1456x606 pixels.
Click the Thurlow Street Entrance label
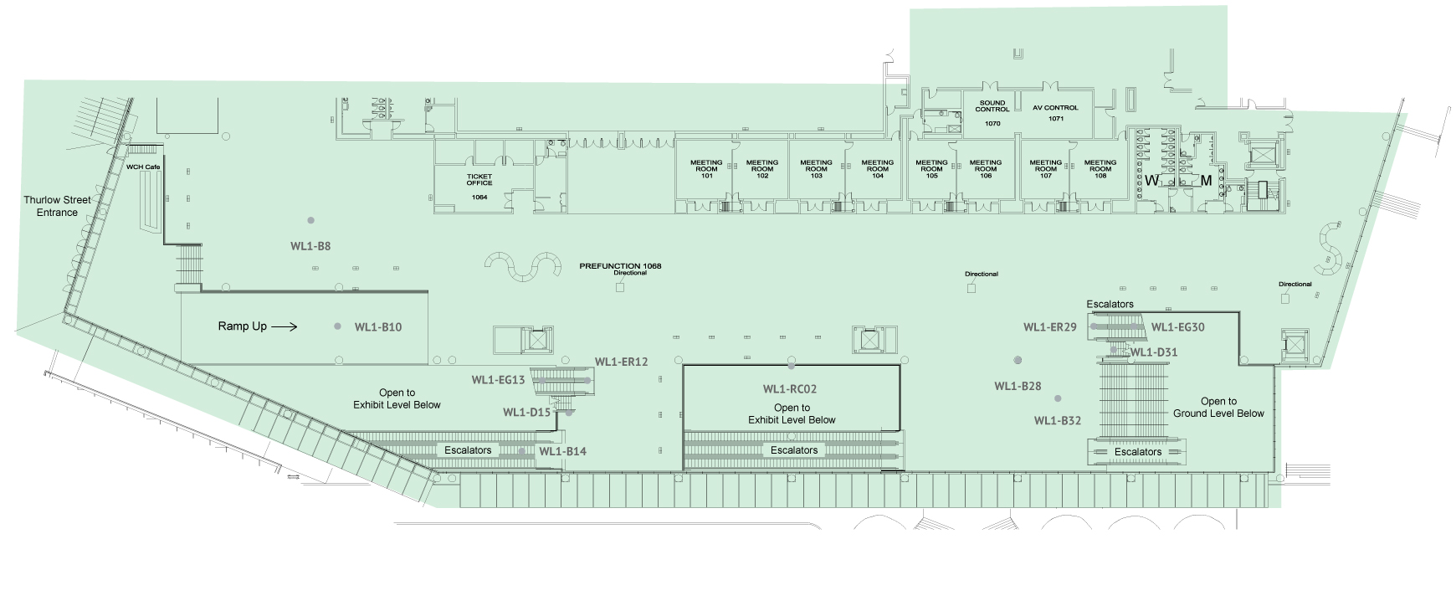tap(57, 206)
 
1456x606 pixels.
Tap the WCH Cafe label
tap(143, 167)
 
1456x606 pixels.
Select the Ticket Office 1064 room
tap(479, 186)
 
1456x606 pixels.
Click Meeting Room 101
tap(706, 169)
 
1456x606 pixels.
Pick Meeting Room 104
tap(877, 169)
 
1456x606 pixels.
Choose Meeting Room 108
tap(1100, 169)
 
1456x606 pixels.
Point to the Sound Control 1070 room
tap(992, 113)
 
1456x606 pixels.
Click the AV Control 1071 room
tap(1056, 113)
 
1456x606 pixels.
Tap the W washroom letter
tap(1152, 181)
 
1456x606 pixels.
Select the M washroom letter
tap(1206, 181)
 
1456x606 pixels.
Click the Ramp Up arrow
tap(285, 326)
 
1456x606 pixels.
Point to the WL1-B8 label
tap(310, 246)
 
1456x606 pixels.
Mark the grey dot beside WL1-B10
tap(338, 326)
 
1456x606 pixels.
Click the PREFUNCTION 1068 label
tap(620, 266)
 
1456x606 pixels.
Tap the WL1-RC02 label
tap(790, 389)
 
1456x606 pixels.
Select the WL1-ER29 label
tap(1050, 327)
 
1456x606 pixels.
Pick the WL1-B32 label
tap(1058, 421)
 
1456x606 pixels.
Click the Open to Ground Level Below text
tap(1218, 408)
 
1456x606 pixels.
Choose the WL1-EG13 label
tap(498, 380)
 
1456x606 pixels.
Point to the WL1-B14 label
tap(562, 452)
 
